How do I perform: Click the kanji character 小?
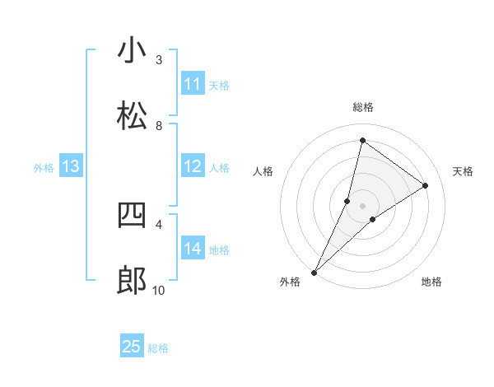132,51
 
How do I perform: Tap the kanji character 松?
132,117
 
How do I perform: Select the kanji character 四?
132,216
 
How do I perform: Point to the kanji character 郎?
132,282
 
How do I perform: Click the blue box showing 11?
193,84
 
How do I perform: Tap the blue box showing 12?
193,166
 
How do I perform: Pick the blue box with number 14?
193,249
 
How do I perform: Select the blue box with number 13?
71,166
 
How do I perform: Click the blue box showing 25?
132,347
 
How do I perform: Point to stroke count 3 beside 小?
159,59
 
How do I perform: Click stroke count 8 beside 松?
159,125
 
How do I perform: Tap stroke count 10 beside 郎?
159,290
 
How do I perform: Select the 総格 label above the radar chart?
362,107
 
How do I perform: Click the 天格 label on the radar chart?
463,171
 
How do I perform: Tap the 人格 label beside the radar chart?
263,171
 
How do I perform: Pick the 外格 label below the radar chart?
290,282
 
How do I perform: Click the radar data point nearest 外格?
314,272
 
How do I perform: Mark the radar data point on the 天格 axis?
426,185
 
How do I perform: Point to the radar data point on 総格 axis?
362,141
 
